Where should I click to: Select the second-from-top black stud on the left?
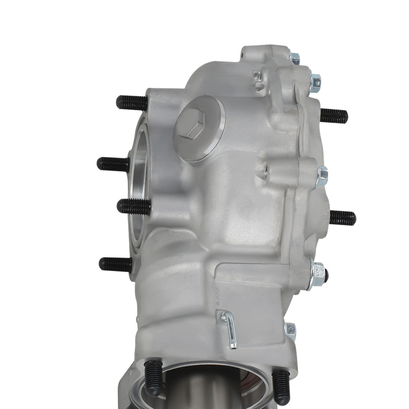pos(113,164)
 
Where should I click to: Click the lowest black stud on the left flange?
pos(115,264)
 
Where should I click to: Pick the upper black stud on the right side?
pos(334,115)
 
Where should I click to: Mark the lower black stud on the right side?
pos(342,218)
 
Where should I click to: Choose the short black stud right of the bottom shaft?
pos(281,387)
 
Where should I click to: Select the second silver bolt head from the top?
pos(315,81)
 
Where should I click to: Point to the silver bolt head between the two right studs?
pos(322,175)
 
